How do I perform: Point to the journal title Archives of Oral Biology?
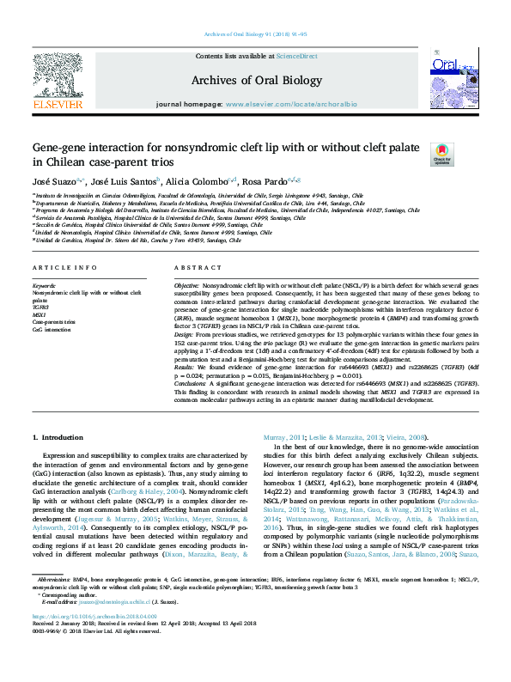256,79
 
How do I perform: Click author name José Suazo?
54,182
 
